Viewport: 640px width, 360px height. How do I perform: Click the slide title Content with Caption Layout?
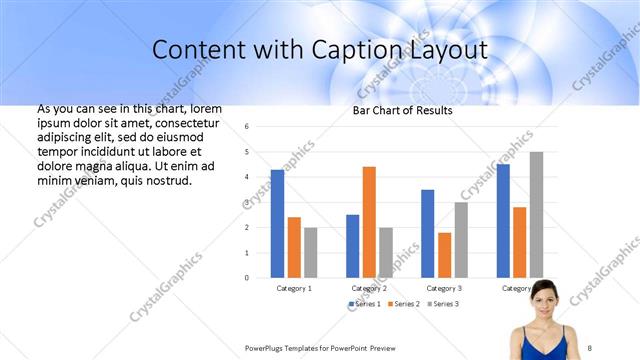[x=320, y=49]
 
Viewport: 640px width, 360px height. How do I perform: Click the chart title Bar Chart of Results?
[x=402, y=110]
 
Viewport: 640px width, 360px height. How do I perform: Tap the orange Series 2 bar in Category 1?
[x=294, y=247]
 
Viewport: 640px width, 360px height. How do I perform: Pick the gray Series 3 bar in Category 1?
[x=310, y=252]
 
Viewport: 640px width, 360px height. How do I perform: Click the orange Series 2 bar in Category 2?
[x=369, y=221]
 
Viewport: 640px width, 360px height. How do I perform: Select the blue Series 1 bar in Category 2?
[x=353, y=245]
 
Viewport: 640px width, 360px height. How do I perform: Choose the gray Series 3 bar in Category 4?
[x=536, y=214]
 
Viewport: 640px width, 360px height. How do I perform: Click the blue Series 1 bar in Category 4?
[x=503, y=220]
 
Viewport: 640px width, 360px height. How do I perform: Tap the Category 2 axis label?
[x=369, y=288]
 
